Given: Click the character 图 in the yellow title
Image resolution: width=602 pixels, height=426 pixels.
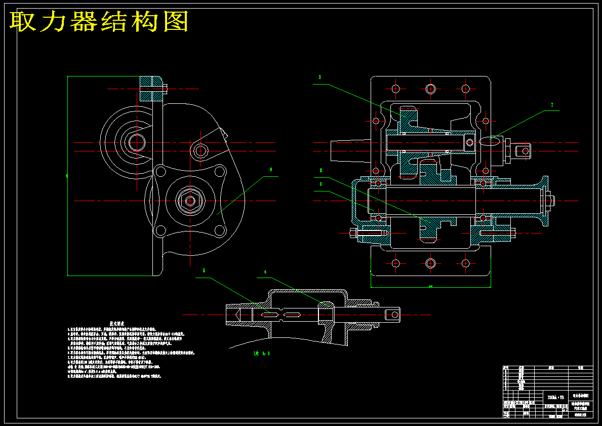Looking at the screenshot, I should pos(176,22).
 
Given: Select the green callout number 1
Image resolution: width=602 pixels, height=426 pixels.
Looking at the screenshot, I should pos(320,77).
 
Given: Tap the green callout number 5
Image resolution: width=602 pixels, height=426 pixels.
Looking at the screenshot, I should pos(204,270).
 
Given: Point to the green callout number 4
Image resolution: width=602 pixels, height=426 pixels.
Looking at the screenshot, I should pos(265,272).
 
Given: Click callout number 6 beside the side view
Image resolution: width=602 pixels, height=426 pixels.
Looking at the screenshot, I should pos(271,170).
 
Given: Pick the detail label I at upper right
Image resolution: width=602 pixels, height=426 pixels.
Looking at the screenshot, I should pos(552,105).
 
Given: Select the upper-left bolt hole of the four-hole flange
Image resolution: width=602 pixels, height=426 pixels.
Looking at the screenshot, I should pos(161,171).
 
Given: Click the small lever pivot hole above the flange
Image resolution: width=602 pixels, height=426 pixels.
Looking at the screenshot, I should pos(200,150).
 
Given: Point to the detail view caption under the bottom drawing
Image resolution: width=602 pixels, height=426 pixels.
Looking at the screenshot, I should pos(261,353).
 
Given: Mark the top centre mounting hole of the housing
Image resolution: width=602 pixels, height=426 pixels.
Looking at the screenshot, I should pos(430,89).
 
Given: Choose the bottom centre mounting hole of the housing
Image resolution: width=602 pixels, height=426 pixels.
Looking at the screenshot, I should pos(430,263).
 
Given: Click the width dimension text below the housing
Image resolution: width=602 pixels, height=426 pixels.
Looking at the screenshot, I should pos(430,287).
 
